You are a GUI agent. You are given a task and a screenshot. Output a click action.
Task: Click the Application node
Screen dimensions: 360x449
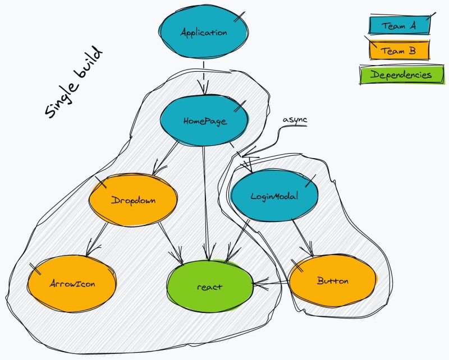[203, 33]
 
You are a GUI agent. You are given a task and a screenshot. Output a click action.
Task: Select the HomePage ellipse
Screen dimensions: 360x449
[204, 121]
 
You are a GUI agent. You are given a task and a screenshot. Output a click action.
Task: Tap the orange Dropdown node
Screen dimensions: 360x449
[134, 200]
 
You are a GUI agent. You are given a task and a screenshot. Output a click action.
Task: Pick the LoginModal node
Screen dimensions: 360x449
[274, 196]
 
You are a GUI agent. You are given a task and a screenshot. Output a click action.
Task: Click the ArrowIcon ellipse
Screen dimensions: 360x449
[72, 283]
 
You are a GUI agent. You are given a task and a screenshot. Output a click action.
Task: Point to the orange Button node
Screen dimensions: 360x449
[332, 281]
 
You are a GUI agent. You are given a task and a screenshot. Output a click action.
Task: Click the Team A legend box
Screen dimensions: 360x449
[398, 26]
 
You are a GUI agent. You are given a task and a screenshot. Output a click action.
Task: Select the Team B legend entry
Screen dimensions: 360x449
[398, 51]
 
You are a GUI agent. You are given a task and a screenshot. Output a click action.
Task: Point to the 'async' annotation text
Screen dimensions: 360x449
[295, 120]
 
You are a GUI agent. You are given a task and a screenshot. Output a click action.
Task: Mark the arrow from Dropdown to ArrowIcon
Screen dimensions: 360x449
[100, 238]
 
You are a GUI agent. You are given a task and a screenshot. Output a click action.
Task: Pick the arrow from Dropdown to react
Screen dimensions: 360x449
[171, 242]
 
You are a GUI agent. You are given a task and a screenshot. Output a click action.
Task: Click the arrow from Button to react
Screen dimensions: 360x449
[272, 285]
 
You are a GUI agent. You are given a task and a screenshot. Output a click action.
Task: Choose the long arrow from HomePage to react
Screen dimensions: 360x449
[206, 202]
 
